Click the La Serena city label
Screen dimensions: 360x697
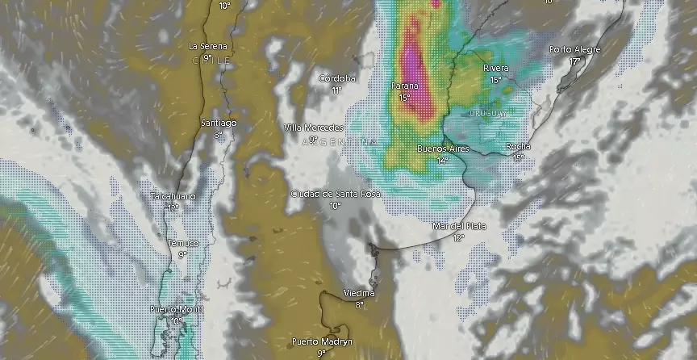pyautogui.click(x=207, y=46)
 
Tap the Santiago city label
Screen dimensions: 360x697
pyautogui.click(x=219, y=123)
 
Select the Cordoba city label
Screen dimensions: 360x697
pyautogui.click(x=337, y=78)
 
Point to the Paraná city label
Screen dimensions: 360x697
pyautogui.click(x=405, y=86)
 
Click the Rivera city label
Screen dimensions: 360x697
pyautogui.click(x=496, y=69)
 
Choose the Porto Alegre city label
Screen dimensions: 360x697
pyautogui.click(x=575, y=50)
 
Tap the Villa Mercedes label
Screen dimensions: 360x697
pyautogui.click(x=314, y=128)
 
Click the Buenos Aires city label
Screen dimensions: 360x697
pyautogui.click(x=442, y=149)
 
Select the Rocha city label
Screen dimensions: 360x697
pyautogui.click(x=518, y=146)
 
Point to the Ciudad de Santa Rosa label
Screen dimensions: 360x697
pyautogui.click(x=336, y=194)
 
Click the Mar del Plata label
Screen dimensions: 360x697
pyautogui.click(x=459, y=226)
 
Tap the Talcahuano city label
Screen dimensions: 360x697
pyautogui.click(x=173, y=197)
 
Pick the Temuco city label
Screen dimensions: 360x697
pyautogui.click(x=182, y=243)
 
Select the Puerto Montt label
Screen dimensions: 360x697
pyautogui.click(x=176, y=310)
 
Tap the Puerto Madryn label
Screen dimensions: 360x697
pyautogui.click(x=321, y=341)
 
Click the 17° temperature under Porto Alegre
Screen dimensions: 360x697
pyautogui.click(x=575, y=61)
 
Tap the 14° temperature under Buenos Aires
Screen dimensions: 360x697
pyautogui.click(x=442, y=161)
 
